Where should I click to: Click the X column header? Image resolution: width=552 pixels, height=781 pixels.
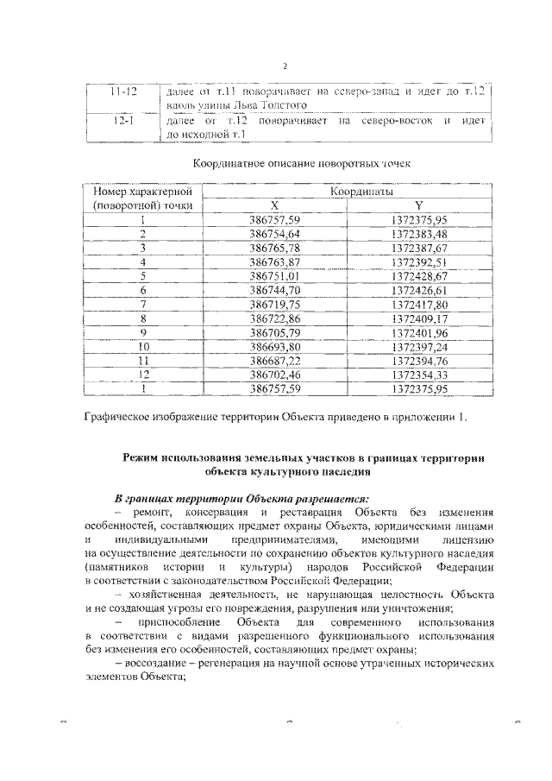pos(273,205)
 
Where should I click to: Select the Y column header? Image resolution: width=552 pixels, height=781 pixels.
pos(418,205)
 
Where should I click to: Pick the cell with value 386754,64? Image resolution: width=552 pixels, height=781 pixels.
pos(273,234)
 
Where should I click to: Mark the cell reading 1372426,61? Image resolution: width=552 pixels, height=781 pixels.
pos(418,290)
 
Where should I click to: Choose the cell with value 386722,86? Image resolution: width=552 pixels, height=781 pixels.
pos(273,318)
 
